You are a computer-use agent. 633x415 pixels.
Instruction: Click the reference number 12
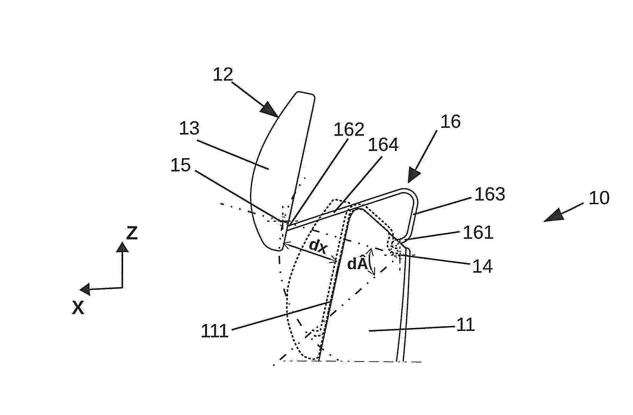click(x=223, y=75)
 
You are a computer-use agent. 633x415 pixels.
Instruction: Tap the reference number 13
click(x=190, y=129)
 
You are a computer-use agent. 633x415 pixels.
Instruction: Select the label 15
click(x=181, y=166)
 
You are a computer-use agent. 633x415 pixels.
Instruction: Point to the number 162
click(x=349, y=130)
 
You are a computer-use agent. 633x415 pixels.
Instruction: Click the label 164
click(x=383, y=145)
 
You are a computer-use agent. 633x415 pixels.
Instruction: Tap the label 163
click(x=489, y=195)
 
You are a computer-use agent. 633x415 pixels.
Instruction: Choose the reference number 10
click(x=599, y=198)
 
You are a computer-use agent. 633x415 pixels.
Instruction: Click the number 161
click(x=478, y=233)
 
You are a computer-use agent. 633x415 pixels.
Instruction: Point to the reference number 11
click(x=466, y=325)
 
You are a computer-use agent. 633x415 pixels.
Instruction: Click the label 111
click(x=215, y=331)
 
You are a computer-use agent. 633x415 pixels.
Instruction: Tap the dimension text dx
click(x=318, y=246)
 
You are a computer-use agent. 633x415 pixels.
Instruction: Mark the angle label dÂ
click(x=357, y=264)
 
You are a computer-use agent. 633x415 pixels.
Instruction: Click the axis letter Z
click(x=132, y=233)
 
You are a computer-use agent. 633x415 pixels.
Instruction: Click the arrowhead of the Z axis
click(x=122, y=247)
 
